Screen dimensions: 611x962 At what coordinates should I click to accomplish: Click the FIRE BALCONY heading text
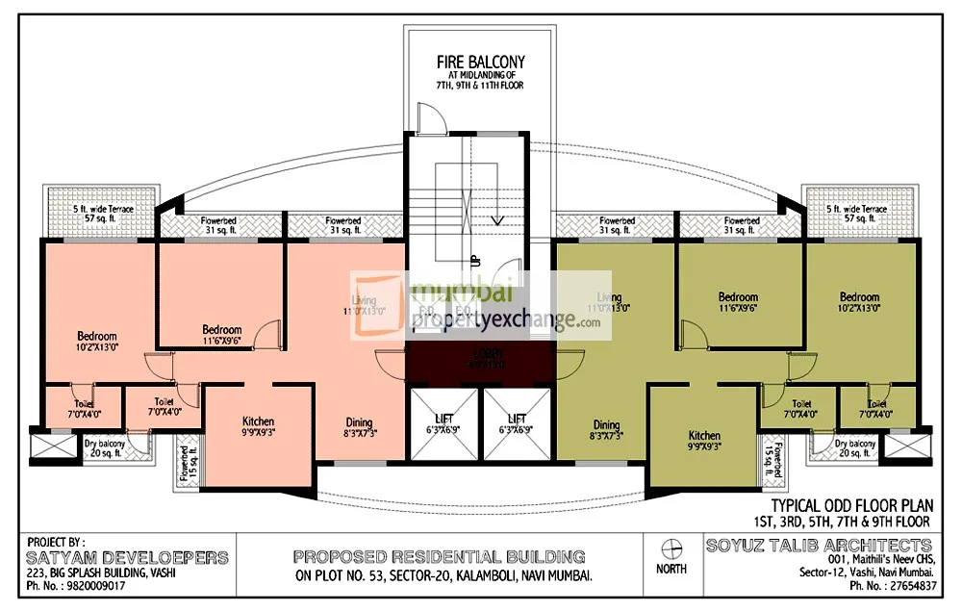click(x=480, y=64)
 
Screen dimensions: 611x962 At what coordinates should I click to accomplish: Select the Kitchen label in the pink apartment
click(x=258, y=421)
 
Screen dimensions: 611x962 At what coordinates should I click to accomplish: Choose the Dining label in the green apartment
click(x=606, y=425)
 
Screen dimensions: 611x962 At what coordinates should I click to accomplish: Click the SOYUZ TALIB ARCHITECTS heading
click(x=819, y=546)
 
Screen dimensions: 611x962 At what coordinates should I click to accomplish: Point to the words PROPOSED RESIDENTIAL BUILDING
click(x=439, y=556)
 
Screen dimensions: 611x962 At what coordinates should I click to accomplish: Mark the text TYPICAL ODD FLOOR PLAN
click(x=850, y=505)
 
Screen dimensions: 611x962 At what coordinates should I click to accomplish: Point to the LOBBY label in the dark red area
click(x=479, y=353)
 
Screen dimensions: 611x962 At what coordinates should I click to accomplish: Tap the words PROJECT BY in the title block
click(x=57, y=542)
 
